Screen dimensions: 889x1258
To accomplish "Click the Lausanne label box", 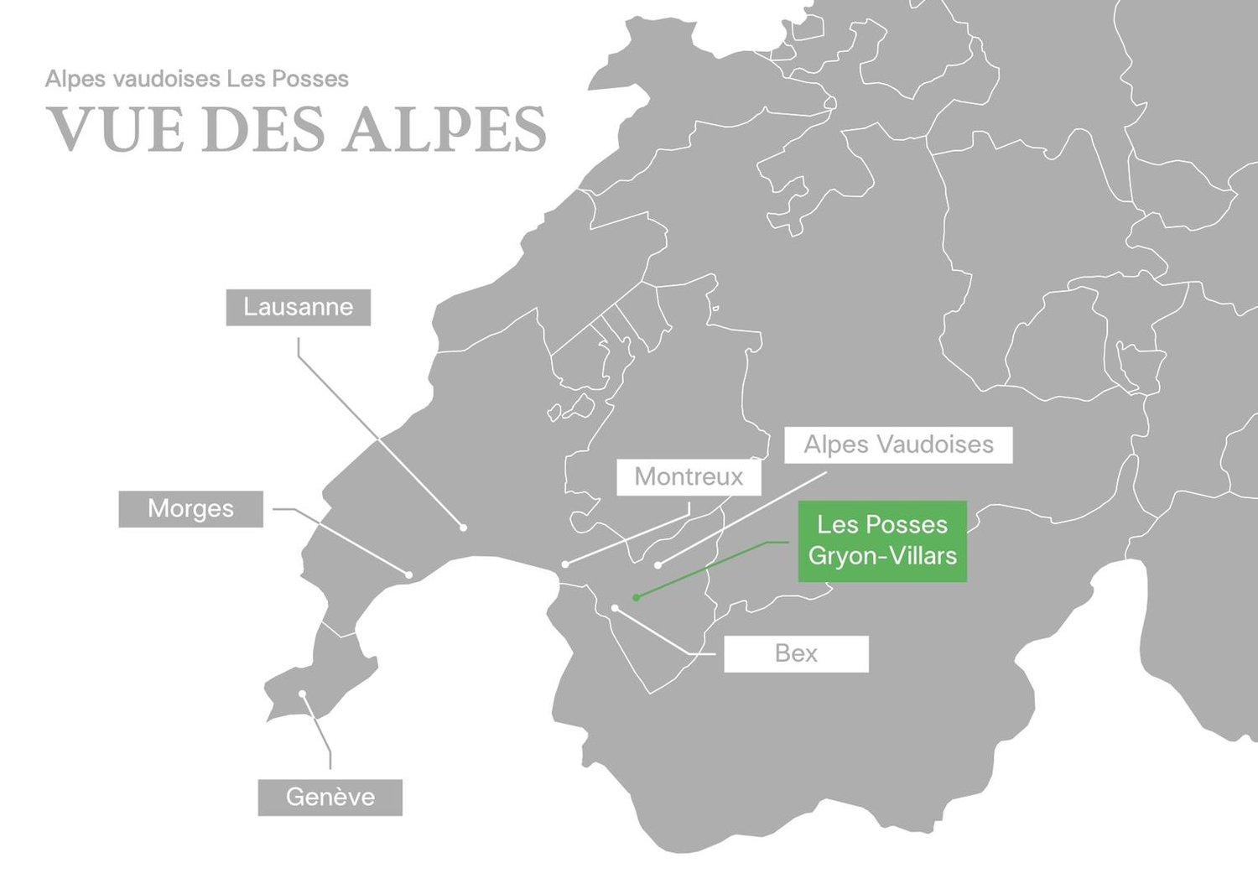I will pos(298,308).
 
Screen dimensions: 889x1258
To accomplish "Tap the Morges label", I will pos(190,509).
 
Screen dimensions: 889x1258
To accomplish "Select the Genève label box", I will pos(330,797).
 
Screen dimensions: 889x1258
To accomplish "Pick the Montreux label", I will pos(689,477).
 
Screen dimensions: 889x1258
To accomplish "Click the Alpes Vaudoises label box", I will pos(898,444).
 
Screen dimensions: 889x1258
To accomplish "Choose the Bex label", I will pos(796,653).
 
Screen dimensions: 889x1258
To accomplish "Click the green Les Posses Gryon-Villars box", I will pos(882,541).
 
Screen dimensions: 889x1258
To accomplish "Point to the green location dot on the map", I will pos(637,597).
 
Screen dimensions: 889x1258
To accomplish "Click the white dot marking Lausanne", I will pos(463,528).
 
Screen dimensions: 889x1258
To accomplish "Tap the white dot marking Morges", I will pos(408,574).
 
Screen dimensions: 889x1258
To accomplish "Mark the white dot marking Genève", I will pos(303,694).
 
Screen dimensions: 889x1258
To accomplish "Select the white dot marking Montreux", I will pos(565,564).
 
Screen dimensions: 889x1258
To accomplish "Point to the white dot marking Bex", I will pos(615,608).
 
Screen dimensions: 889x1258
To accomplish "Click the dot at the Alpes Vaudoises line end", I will pos(658,564).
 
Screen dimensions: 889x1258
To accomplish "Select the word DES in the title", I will pos(263,129).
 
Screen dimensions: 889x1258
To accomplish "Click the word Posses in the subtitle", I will pos(317,79).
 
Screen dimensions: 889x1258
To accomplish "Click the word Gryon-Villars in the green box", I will pos(882,556).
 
